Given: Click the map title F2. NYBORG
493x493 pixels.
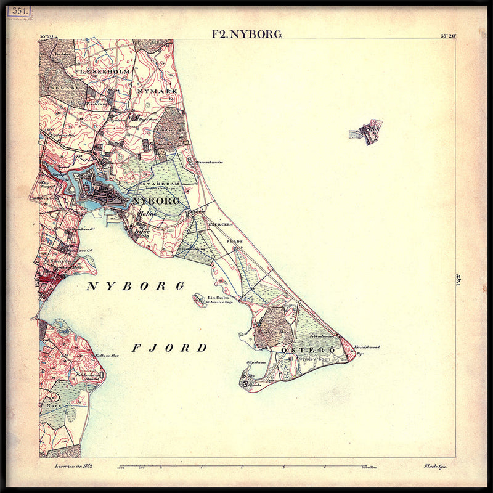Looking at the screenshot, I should (246, 34).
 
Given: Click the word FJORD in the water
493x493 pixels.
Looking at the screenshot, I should (169, 348).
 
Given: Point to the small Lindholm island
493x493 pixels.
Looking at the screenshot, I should (199, 300).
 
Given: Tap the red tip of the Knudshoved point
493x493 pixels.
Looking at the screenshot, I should (349, 350).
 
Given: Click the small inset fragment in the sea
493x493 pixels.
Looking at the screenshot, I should (366, 131).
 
